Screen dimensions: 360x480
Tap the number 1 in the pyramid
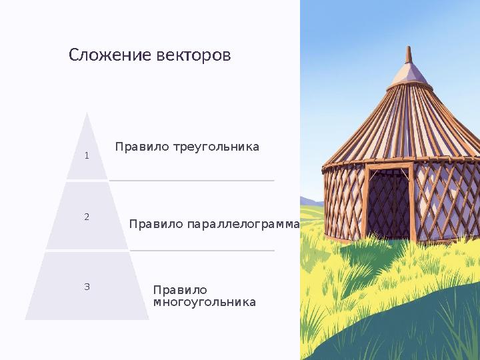(87, 156)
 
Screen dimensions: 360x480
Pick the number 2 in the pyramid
(87, 217)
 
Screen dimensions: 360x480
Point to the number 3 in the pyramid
(87, 287)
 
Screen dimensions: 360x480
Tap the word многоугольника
(204, 303)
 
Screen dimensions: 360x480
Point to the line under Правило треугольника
(192, 180)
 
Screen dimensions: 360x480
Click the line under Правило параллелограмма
(202, 251)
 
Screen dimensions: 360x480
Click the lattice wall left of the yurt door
(343, 200)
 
